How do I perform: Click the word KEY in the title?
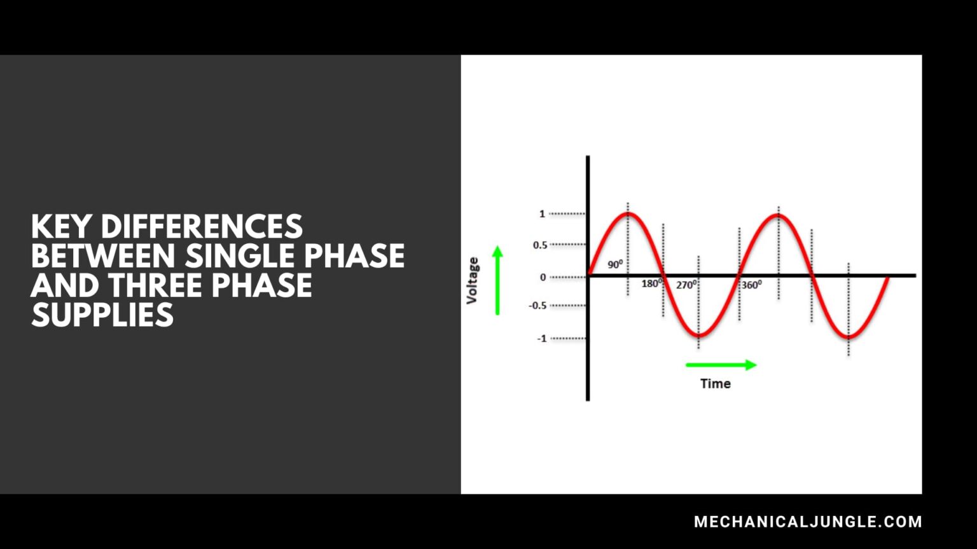(61, 227)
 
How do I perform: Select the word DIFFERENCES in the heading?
(202, 227)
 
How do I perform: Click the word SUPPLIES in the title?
(102, 315)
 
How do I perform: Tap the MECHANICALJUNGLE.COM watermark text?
(808, 522)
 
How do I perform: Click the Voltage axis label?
(472, 280)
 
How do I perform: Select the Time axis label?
(715, 384)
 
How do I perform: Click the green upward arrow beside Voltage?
(497, 280)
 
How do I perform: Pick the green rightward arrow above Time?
(721, 365)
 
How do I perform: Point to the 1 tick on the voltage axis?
(542, 214)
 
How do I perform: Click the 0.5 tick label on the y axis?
(540, 245)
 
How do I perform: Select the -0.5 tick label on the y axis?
(537, 306)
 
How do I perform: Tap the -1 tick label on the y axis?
(541, 339)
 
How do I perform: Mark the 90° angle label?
(615, 264)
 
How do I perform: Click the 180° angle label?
(651, 283)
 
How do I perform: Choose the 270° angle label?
(686, 285)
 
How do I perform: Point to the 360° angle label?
(751, 285)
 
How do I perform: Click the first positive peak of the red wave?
(628, 214)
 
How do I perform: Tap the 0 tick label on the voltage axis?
(543, 277)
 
